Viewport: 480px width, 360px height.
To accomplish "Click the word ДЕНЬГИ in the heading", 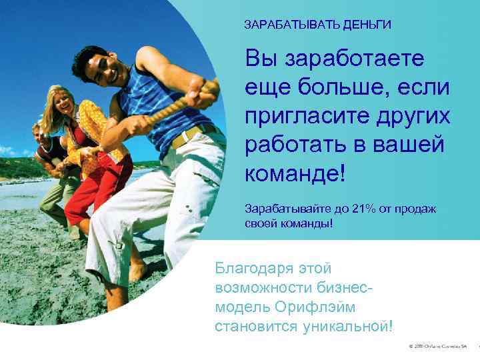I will (x=366, y=25).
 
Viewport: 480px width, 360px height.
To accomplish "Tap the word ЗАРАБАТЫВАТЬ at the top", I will (x=292, y=25).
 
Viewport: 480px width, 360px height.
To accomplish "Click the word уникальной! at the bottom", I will (x=346, y=326).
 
